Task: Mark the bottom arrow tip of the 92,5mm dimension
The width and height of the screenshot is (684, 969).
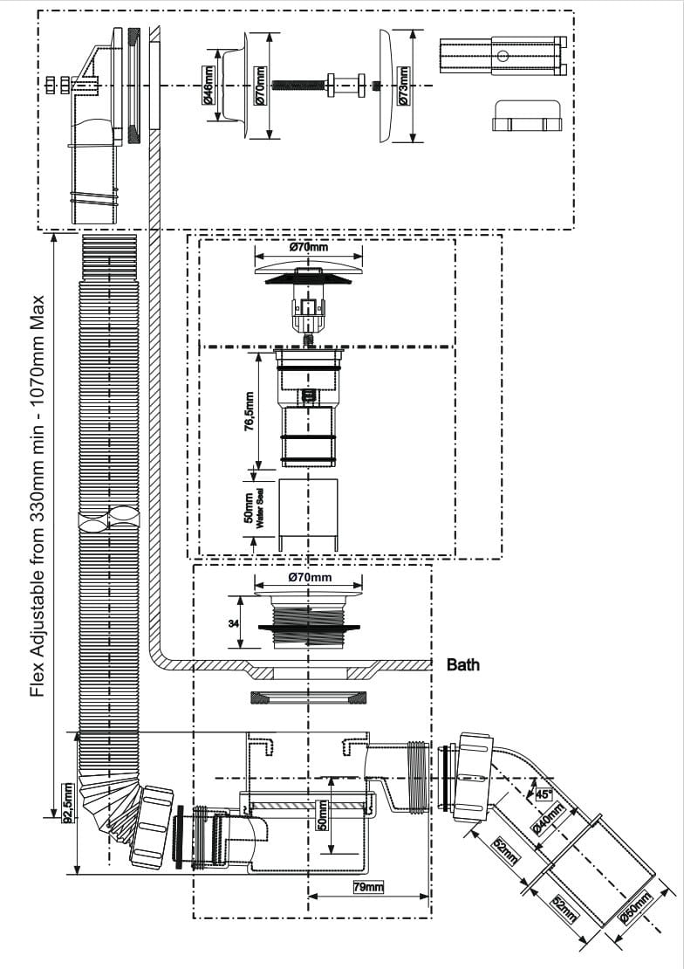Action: (x=78, y=874)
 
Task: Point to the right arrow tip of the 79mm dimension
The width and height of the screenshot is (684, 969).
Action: (x=429, y=896)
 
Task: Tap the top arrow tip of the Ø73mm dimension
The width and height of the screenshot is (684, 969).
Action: (x=412, y=30)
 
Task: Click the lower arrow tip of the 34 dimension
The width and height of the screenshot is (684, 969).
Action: (x=240, y=648)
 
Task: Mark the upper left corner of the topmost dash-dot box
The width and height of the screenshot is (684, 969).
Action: (x=38, y=10)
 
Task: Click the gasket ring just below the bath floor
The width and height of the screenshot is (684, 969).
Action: (x=306, y=698)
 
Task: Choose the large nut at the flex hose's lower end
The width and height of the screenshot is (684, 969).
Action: (x=152, y=824)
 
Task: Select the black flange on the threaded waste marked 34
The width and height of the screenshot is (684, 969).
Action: (x=308, y=628)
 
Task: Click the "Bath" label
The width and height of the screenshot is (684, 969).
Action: (x=462, y=665)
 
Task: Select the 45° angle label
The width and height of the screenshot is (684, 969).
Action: (x=544, y=794)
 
